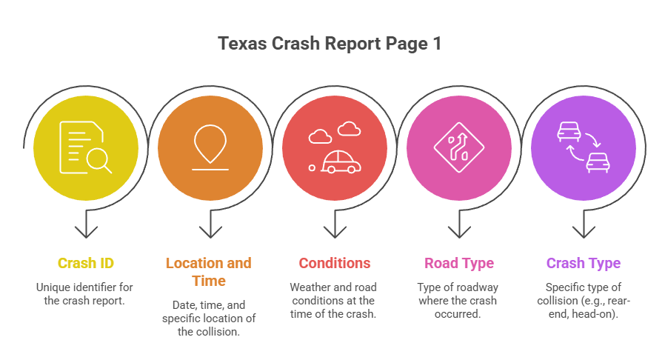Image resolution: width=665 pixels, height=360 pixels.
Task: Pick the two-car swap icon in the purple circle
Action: point(584,146)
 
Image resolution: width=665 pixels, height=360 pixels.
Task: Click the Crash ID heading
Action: point(86,263)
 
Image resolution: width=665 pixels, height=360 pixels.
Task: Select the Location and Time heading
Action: point(209,272)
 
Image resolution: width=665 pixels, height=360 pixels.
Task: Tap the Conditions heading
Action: point(334,263)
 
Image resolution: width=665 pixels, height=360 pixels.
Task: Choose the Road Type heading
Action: point(458,263)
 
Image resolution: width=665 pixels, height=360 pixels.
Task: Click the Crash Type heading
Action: point(584,263)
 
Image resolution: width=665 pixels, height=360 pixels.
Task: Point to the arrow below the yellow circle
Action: point(86,227)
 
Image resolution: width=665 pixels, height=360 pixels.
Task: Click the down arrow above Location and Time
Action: point(210,227)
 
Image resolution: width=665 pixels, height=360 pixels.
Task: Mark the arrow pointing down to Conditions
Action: point(335,227)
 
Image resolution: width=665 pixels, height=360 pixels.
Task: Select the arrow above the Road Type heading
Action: point(459,227)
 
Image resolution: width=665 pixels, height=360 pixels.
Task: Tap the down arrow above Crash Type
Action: point(584,227)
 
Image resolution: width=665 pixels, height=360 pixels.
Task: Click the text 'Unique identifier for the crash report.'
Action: point(86,294)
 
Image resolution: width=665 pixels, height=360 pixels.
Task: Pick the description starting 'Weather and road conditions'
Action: point(334,301)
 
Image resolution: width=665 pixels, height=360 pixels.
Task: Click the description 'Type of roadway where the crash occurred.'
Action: point(458,301)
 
